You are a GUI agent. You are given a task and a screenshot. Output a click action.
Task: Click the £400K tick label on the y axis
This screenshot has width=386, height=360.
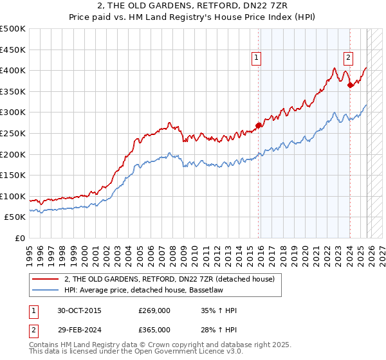click(x=13, y=71)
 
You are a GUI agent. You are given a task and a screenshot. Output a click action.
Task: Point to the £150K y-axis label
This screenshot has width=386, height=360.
click(x=13, y=175)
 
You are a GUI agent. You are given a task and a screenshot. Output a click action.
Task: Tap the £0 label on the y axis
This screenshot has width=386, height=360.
click(x=19, y=238)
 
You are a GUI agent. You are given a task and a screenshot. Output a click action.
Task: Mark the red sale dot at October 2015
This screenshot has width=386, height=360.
click(x=259, y=125)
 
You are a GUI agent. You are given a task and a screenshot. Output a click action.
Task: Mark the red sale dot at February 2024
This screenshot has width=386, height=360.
click(x=350, y=85)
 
